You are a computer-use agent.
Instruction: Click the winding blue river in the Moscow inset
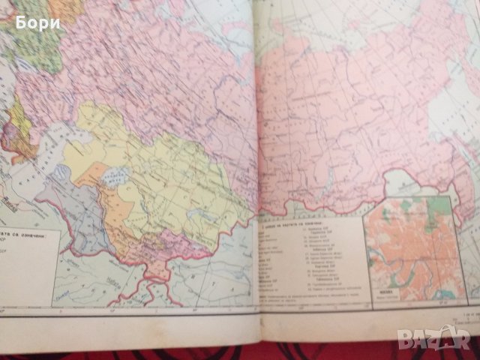[x=390, y=255]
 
